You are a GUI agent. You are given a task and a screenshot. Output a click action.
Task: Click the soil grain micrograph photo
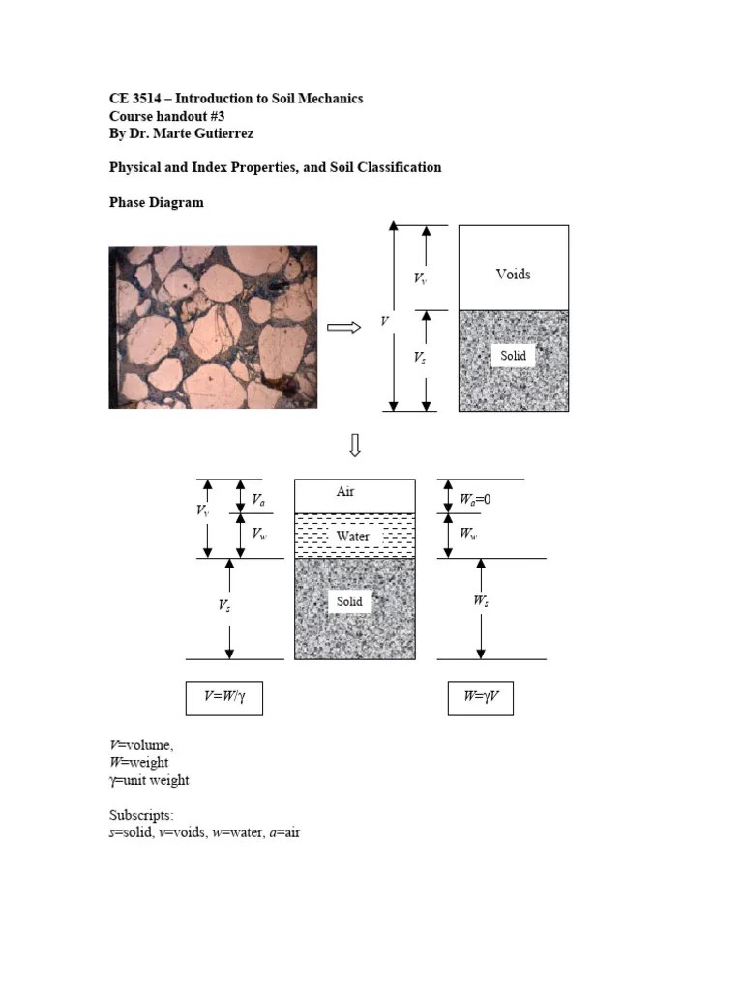(213, 327)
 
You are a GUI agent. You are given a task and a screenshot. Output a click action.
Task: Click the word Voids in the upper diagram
(513, 274)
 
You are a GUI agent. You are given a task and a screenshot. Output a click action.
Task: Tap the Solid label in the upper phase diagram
(513, 356)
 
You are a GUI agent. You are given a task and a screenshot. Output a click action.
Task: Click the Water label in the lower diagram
(353, 536)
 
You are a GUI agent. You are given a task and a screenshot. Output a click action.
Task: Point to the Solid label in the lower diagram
(349, 601)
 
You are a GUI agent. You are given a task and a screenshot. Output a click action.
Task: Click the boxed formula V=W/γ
(223, 697)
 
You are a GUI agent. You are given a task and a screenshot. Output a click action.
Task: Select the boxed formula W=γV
(480, 697)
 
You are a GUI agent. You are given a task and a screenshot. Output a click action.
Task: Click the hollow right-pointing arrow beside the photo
(343, 327)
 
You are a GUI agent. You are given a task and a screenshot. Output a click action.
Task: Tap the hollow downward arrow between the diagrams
(355, 446)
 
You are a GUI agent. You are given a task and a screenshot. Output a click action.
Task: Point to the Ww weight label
(468, 534)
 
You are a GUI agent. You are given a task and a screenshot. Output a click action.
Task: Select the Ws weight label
(480, 601)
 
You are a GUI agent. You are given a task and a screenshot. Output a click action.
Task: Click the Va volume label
(259, 500)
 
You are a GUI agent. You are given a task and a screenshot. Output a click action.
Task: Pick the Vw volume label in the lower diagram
(259, 534)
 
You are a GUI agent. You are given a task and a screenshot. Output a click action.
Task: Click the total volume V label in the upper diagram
(385, 321)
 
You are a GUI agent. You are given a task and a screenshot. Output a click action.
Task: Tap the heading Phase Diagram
(156, 203)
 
